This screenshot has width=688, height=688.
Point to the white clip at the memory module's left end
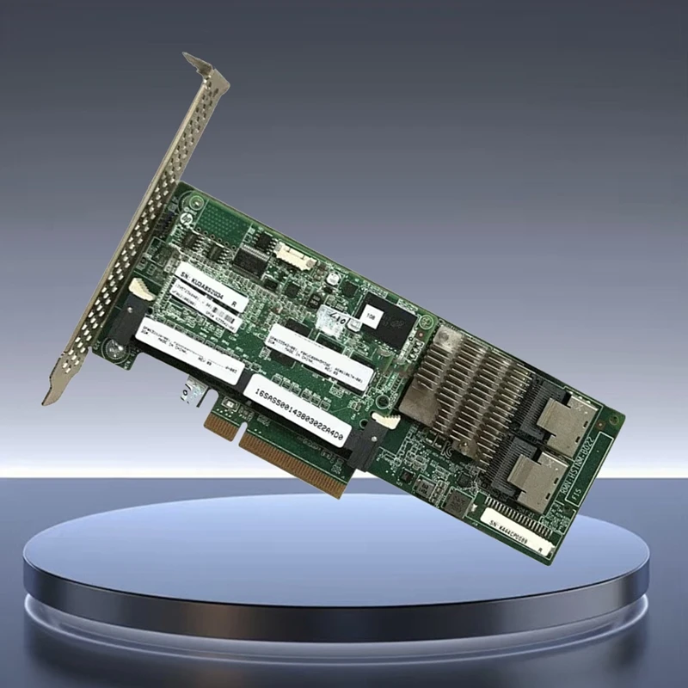pyautogui.click(x=141, y=292)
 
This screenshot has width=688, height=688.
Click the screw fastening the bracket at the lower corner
pyautogui.click(x=112, y=349)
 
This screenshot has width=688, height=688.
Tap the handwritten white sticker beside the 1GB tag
pyautogui.click(x=334, y=322)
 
